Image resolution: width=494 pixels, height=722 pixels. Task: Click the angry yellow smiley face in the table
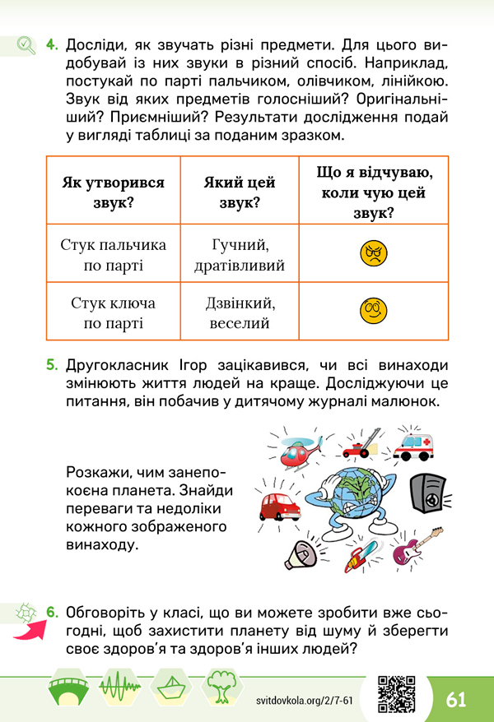[x=373, y=252]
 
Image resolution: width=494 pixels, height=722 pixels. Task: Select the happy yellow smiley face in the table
[x=373, y=311]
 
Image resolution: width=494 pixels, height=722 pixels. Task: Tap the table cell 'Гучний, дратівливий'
[x=240, y=255]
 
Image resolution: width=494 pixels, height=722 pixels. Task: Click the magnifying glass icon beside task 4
[x=26, y=44]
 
